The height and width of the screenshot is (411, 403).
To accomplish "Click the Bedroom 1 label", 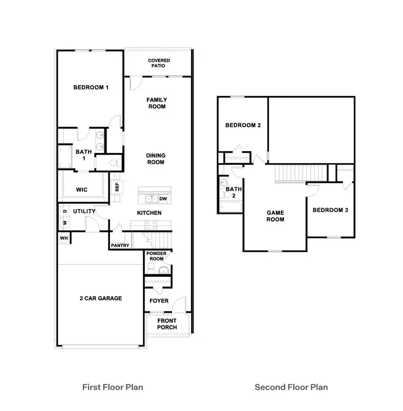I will (x=91, y=87).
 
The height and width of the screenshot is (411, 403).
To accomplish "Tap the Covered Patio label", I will (x=159, y=63).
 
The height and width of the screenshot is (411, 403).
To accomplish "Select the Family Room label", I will (x=157, y=103).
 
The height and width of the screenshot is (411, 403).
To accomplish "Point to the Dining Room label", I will (x=156, y=159).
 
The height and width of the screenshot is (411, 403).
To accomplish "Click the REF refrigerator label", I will (x=117, y=187).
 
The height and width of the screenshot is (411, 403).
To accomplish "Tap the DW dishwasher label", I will (x=163, y=199).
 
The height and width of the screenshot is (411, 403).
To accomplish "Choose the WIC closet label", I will (x=81, y=190).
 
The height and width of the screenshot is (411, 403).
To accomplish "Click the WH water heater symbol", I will (x=63, y=238).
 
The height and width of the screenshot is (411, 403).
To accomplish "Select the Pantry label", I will (x=120, y=246).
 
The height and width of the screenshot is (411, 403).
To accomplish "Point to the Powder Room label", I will (x=156, y=256).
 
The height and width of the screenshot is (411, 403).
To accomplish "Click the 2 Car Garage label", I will (x=101, y=298).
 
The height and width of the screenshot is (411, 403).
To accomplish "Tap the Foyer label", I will (x=159, y=301).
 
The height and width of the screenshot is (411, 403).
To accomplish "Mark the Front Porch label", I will (x=167, y=324).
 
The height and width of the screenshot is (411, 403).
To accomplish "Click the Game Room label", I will (x=275, y=216).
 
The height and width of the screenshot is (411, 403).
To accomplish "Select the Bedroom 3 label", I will (x=330, y=210).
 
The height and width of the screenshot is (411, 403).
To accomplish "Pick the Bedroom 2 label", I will (x=243, y=125).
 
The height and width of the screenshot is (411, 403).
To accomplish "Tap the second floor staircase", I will (x=300, y=173).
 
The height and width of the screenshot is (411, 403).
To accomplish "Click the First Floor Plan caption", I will (x=112, y=387).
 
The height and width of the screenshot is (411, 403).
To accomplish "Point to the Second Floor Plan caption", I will (x=291, y=387).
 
